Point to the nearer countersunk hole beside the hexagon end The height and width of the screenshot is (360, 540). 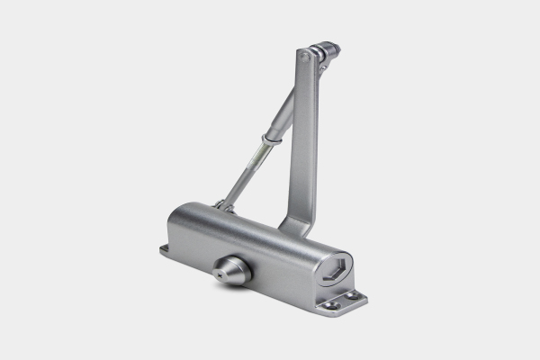(332, 305)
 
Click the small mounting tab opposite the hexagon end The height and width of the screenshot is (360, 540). (168, 249)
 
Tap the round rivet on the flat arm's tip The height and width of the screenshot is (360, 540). (306, 57)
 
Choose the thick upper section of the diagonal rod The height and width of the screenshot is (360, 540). (283, 112)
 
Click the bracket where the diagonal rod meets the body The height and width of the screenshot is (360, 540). (221, 207)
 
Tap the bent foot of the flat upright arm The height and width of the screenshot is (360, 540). (292, 222)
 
